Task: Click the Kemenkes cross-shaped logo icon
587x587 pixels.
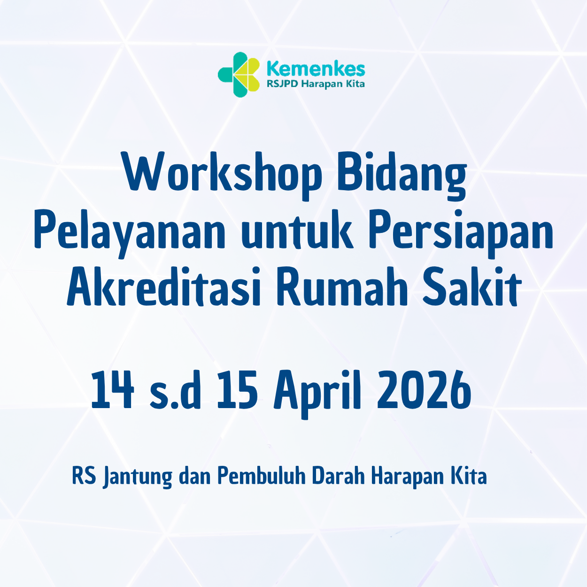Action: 239,74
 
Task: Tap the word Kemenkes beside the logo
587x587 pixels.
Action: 316,69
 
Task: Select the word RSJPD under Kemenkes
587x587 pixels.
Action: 282,85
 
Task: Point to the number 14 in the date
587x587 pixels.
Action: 112,390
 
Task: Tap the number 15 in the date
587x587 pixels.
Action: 237,390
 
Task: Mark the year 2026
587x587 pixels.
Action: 424,390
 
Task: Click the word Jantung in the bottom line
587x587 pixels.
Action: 138,477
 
